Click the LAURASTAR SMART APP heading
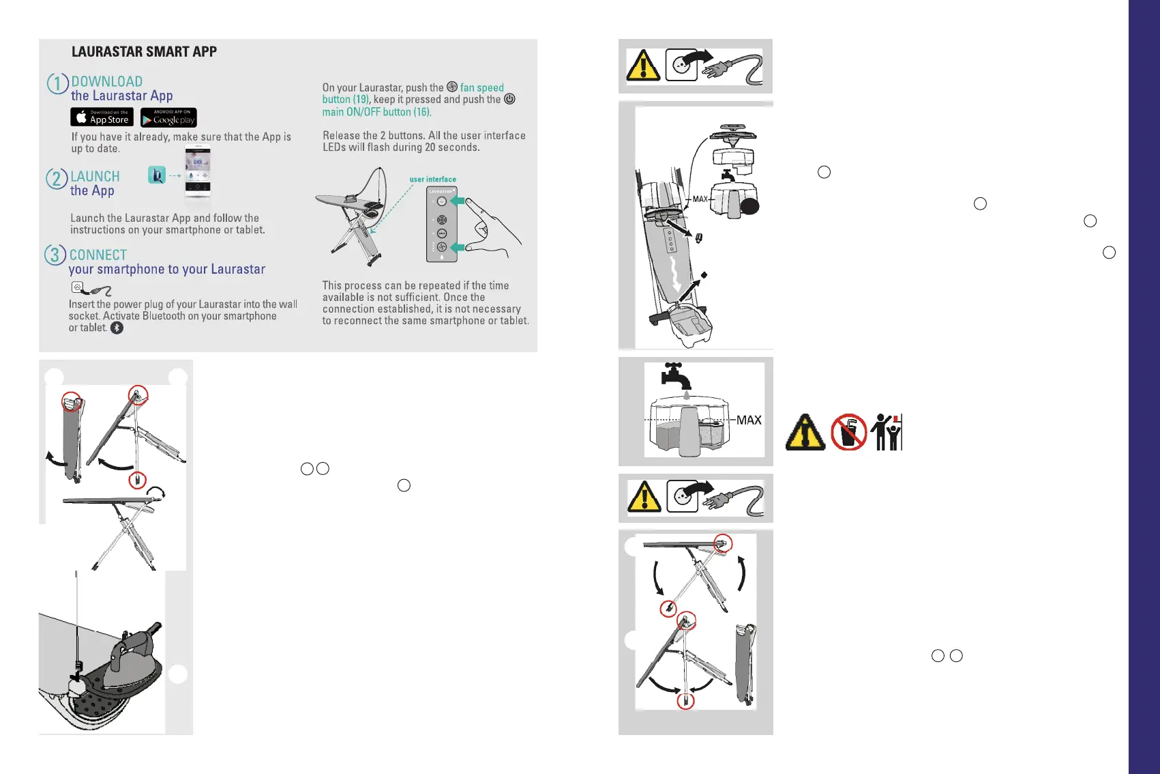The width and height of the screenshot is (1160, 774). tap(144, 51)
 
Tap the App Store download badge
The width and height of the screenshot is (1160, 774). tap(102, 117)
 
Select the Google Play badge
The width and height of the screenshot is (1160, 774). tap(168, 117)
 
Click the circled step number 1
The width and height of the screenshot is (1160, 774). tap(57, 83)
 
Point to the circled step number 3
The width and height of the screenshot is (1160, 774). tap(55, 255)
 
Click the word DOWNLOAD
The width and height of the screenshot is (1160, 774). tap(106, 81)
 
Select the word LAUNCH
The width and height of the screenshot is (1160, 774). tap(95, 176)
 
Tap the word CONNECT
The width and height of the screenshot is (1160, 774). tap(98, 255)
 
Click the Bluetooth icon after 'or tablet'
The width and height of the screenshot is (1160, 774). tap(117, 328)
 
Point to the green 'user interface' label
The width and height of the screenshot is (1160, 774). tap(433, 180)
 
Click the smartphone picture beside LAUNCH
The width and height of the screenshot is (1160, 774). tap(198, 171)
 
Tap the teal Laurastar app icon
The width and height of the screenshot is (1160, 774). tap(156, 175)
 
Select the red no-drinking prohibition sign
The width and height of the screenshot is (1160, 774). tap(848, 432)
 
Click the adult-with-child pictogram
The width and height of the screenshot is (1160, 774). tap(887, 432)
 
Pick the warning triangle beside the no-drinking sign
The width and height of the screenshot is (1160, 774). tap(805, 432)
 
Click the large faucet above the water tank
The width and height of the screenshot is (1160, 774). tap(676, 376)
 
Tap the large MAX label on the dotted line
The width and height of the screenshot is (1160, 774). tap(749, 420)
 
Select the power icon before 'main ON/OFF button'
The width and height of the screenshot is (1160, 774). tap(509, 99)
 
